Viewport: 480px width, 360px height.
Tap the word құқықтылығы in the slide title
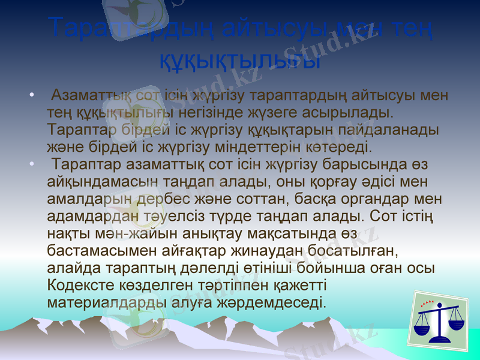[x=240, y=59]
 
